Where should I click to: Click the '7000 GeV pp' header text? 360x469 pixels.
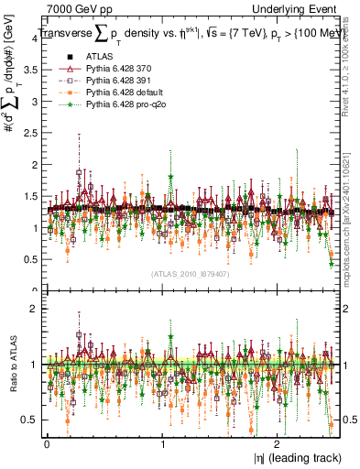tap(74, 8)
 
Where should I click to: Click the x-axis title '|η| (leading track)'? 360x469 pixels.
tap(294, 457)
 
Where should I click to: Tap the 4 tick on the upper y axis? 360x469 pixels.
tap(35, 38)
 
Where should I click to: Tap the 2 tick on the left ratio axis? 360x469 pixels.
tap(35, 309)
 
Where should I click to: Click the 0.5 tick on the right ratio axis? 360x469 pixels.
tap(347, 420)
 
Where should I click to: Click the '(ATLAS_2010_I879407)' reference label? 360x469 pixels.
tap(190, 274)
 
